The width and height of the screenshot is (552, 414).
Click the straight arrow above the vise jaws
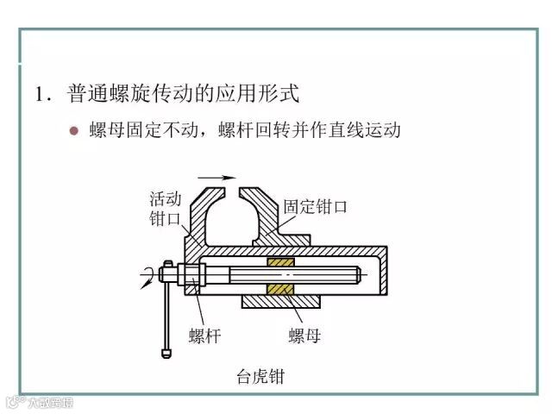point(223,177)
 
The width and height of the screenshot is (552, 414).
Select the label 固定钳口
point(315,207)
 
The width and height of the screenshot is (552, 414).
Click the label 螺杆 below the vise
point(204,336)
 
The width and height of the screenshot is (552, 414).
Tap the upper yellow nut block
point(281,261)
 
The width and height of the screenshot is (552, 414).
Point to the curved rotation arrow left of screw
point(151,274)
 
